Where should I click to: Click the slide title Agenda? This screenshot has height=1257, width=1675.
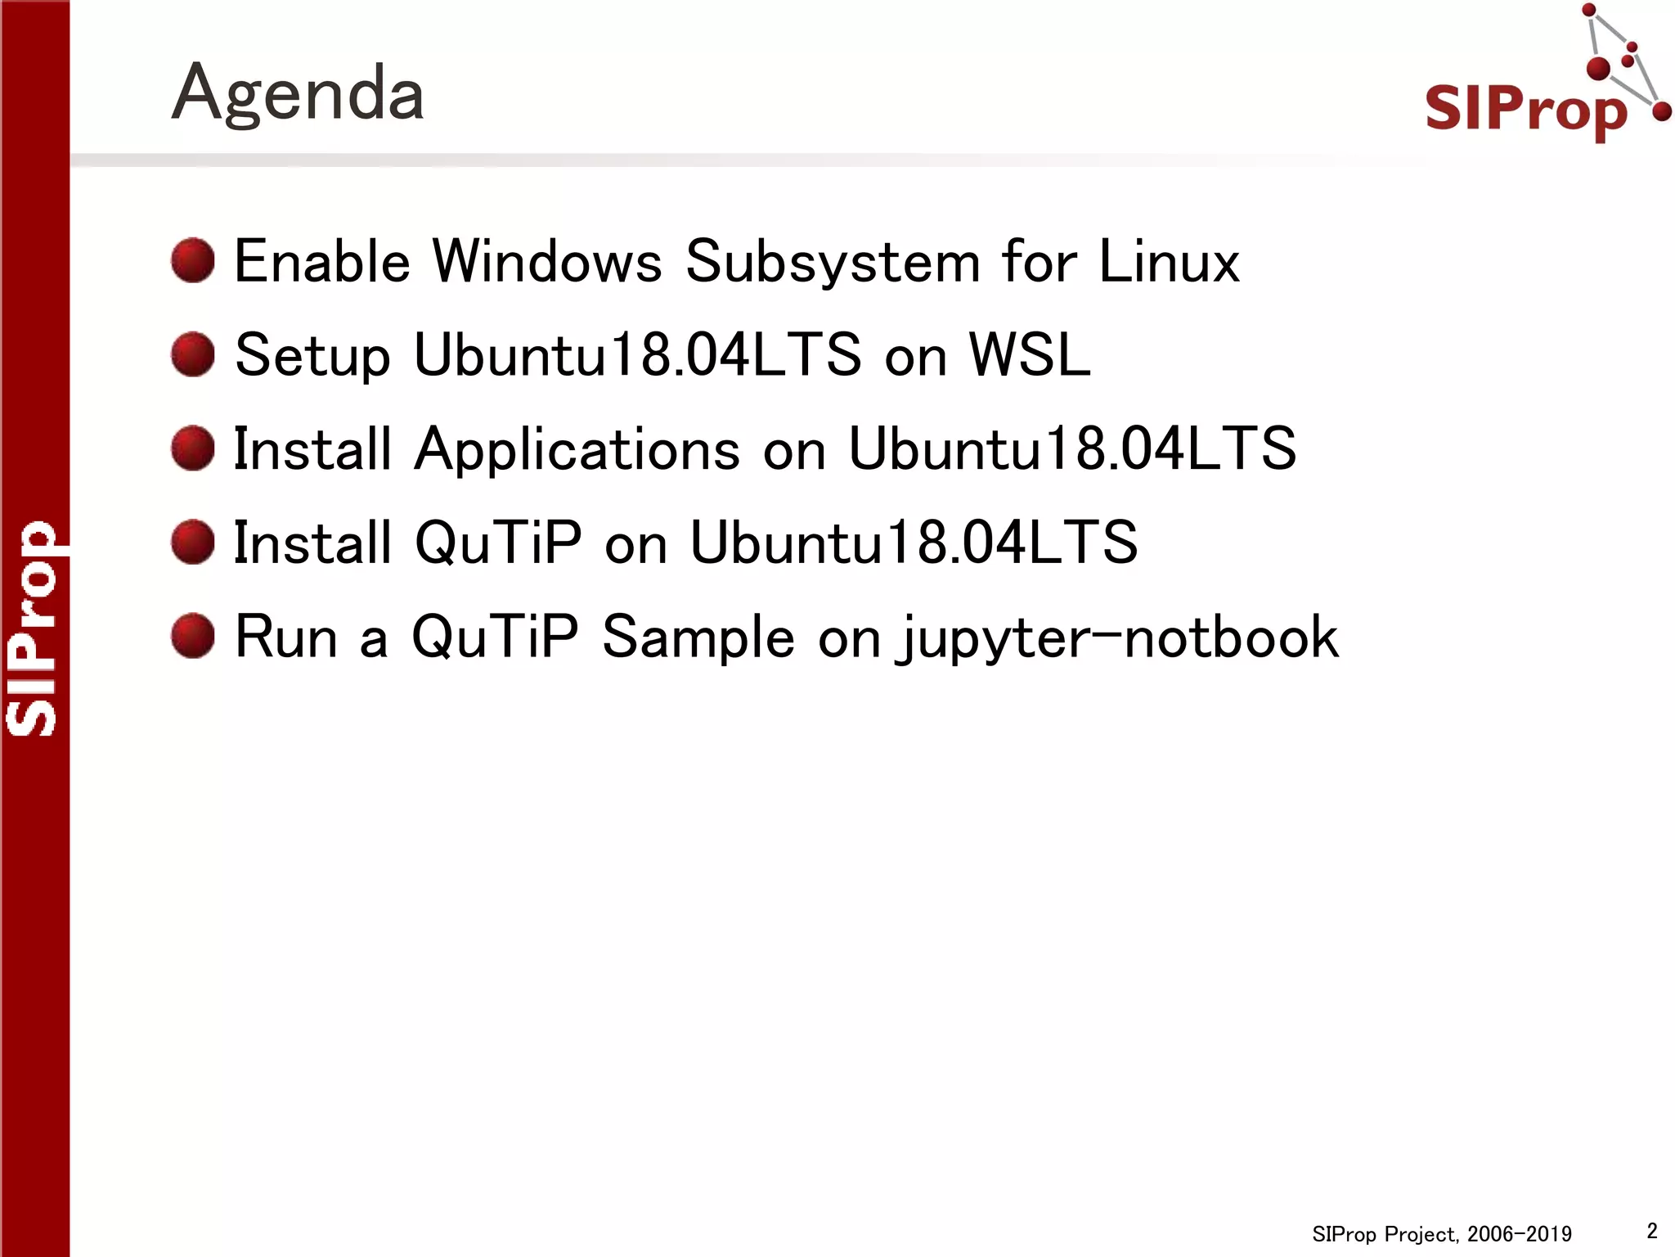298,93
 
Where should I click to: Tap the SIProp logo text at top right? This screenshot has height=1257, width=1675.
1525,108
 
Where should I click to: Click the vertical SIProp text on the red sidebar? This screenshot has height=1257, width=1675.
33,628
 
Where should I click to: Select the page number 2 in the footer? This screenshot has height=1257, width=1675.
1651,1230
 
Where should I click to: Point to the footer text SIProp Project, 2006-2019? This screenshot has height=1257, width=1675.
1441,1233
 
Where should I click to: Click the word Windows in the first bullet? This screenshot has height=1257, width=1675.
546,262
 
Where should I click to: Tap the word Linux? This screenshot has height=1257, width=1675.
1169,262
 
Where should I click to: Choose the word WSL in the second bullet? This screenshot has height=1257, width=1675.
1029,355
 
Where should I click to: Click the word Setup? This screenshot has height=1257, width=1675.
312,357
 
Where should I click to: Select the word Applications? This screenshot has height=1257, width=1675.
577,450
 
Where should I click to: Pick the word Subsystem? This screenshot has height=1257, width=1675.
833,264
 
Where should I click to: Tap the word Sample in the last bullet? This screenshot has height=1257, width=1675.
698,638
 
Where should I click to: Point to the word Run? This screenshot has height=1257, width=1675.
286,637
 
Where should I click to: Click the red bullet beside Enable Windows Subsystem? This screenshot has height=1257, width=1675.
193,261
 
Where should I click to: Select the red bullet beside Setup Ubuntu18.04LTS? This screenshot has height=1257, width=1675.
193,354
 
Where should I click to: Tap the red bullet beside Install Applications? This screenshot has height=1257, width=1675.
193,448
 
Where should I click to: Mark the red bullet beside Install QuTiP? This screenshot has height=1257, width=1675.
193,542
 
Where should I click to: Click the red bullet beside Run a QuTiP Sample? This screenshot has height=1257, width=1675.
193,636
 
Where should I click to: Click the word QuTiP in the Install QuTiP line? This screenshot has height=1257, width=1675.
498,543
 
